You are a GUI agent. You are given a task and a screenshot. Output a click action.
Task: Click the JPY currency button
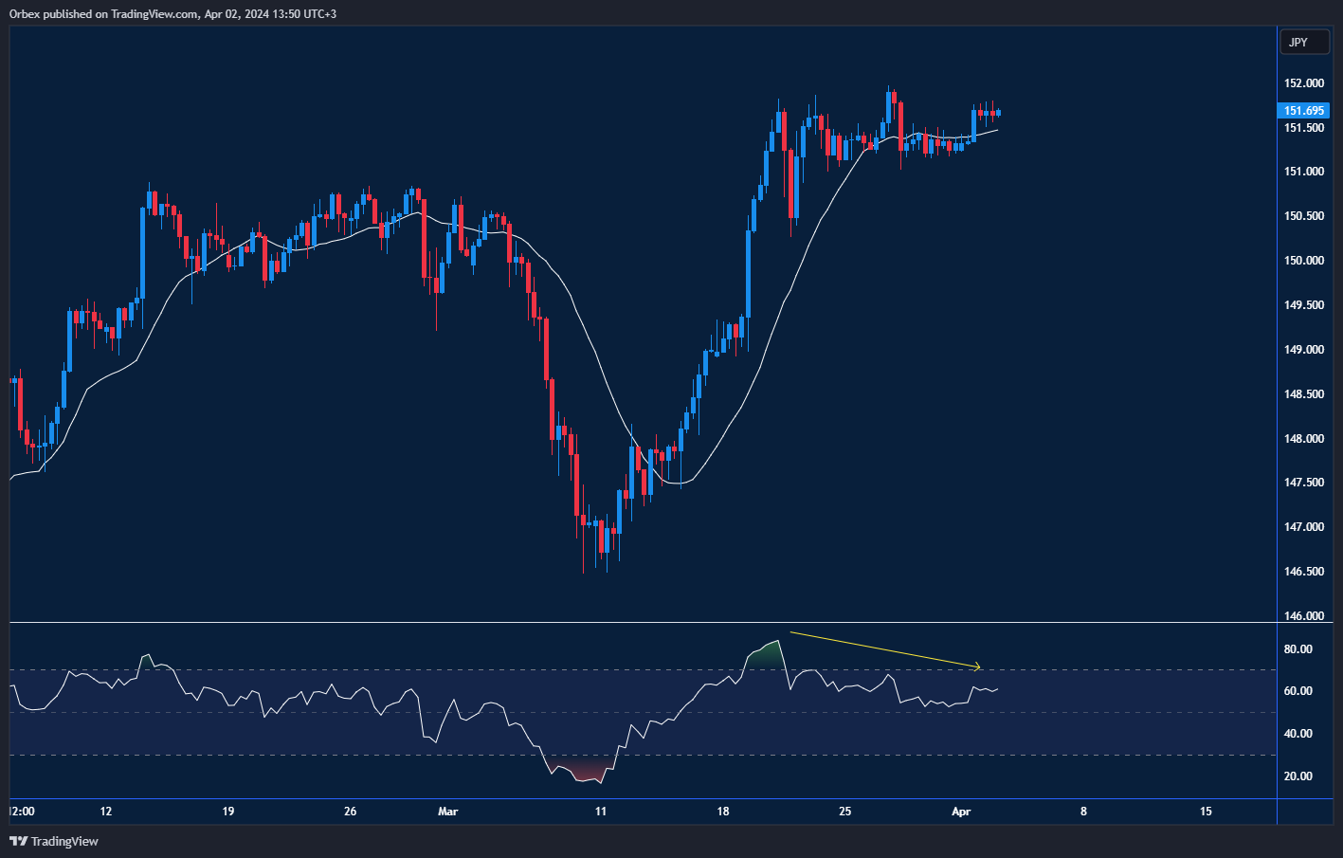pos(1303,43)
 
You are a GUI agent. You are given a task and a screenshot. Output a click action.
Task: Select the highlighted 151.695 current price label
pos(1303,111)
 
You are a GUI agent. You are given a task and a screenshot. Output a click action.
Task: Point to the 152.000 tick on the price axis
pos(1303,83)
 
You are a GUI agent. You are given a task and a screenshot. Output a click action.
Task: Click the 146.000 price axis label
pos(1303,616)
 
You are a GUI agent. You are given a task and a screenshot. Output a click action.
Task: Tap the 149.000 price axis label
pos(1303,350)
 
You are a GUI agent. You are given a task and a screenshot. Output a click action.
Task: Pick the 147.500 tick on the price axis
pos(1303,483)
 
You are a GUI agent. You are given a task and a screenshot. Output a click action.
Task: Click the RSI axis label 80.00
pos(1298,649)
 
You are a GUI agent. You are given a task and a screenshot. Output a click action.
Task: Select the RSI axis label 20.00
pos(1298,776)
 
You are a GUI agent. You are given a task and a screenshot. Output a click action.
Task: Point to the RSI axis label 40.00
pos(1298,734)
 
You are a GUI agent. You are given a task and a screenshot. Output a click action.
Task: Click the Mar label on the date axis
pos(448,812)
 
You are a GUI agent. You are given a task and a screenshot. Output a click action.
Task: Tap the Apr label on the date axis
pos(961,812)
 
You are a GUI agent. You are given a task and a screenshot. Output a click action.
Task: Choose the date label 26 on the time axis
pos(351,812)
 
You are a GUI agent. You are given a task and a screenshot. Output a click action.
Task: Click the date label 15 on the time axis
pos(1206,812)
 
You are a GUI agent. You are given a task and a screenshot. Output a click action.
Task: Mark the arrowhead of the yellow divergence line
pos(979,666)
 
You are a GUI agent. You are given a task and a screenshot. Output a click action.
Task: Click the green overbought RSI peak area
pos(765,653)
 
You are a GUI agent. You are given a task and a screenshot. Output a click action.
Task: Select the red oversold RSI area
pos(578,771)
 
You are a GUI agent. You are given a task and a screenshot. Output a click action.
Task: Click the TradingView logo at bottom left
pos(54,841)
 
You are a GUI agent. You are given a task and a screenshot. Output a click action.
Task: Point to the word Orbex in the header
pos(25,14)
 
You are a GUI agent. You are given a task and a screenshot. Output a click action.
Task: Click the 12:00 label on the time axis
pos(22,812)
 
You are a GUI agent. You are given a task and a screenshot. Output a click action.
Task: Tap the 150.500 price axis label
pos(1303,216)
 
